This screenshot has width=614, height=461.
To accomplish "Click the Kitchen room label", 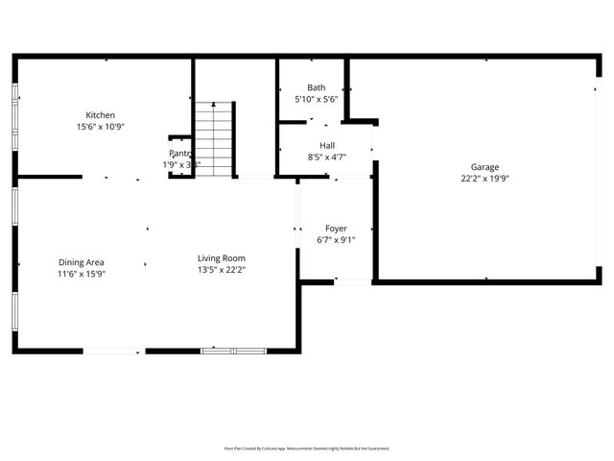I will [x=101, y=114].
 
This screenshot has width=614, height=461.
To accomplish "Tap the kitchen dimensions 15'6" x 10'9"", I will [x=101, y=126].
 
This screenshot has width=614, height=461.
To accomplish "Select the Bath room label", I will [x=317, y=87].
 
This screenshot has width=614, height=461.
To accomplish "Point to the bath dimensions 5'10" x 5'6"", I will [x=317, y=99].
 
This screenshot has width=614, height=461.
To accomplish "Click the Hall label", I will [x=327, y=145].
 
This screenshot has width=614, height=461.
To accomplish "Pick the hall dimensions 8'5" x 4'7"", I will [x=327, y=157].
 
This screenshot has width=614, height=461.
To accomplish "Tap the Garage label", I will [x=484, y=166].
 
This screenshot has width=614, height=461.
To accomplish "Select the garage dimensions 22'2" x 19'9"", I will [x=484, y=178].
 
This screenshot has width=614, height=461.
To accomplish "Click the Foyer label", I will [x=336, y=229].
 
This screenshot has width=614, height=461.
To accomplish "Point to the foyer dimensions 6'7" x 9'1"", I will [x=336, y=240].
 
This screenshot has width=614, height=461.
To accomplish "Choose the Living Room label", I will [x=222, y=257].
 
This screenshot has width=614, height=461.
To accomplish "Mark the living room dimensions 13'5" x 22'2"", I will [x=222, y=270].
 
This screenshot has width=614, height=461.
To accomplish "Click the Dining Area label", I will [x=82, y=262].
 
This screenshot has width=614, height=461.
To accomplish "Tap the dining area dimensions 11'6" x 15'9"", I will [x=82, y=274].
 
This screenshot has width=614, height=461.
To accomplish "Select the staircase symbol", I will [x=215, y=138].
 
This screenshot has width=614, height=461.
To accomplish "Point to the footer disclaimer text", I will [x=307, y=448].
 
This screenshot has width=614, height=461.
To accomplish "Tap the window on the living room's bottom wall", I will [x=233, y=351].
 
